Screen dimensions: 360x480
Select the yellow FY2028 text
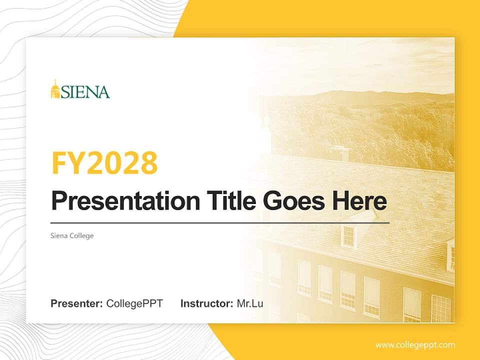[x=104, y=163]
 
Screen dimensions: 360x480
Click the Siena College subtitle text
[x=72, y=235]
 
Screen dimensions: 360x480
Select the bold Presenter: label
[x=76, y=303]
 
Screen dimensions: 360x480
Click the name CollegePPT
[x=134, y=303]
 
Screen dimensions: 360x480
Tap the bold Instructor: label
[x=206, y=303]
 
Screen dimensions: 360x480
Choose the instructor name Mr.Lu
[x=250, y=303]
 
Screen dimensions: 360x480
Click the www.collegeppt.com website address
[x=415, y=344]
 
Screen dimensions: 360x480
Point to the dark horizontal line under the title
[x=220, y=222]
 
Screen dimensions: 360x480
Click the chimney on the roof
[x=338, y=152]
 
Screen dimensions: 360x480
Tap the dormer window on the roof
[x=348, y=235]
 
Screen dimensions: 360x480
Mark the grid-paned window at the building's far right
[x=440, y=308]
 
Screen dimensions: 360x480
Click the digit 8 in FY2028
[x=148, y=163]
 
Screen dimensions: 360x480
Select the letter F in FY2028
[x=60, y=163]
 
